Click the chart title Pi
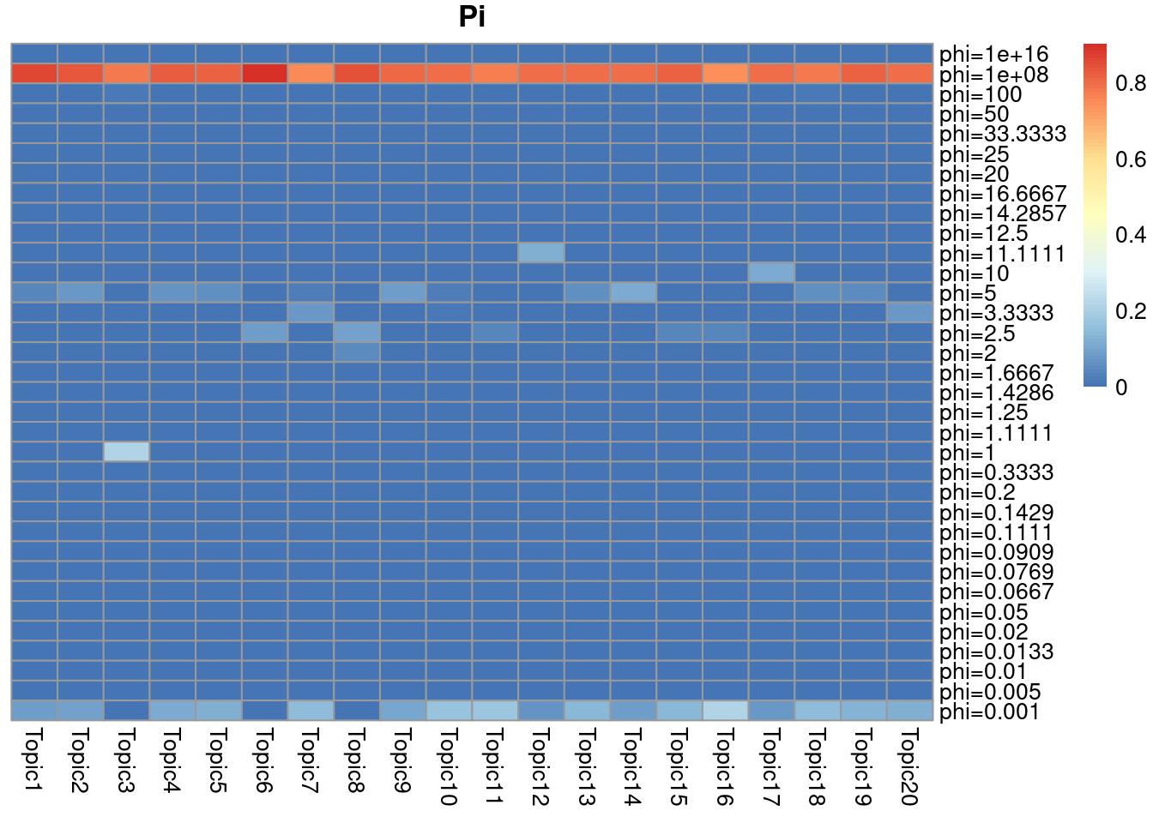pos(472,16)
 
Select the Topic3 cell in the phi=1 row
pos(126,452)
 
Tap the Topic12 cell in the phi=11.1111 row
pos(541,253)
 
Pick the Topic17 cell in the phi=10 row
pos(771,273)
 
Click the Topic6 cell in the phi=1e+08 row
pos(264,74)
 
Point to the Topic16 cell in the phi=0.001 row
pos(725,711)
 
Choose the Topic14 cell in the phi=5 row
pos(633,292)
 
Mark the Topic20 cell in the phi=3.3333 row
pos(909,313)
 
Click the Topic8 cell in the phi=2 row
pos(357,352)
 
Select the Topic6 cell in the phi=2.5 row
pos(264,333)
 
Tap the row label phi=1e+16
pos(993,54)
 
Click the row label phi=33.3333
pos(1003,134)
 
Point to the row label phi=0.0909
pos(996,552)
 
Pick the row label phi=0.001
pos(989,712)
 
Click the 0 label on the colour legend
pos(1121,387)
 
